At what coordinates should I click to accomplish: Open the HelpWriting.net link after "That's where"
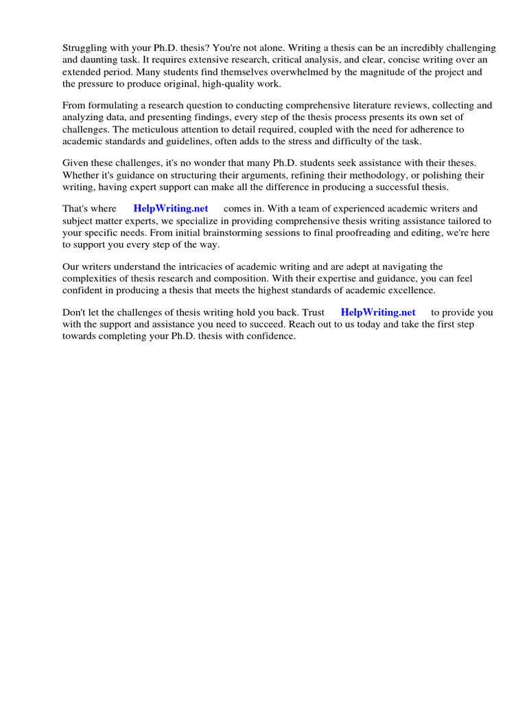click(171, 209)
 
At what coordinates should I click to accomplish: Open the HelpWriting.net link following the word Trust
click(378, 312)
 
